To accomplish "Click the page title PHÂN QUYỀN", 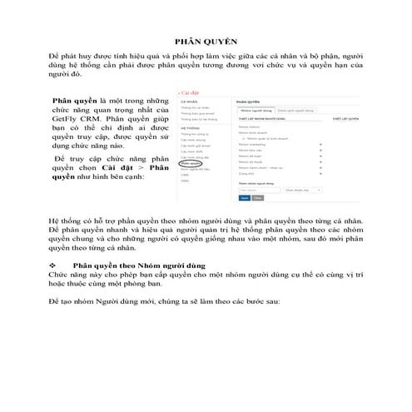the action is tap(206, 39).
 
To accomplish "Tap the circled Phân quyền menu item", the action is tap(191, 164).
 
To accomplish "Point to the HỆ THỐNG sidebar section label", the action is tap(188, 128).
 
